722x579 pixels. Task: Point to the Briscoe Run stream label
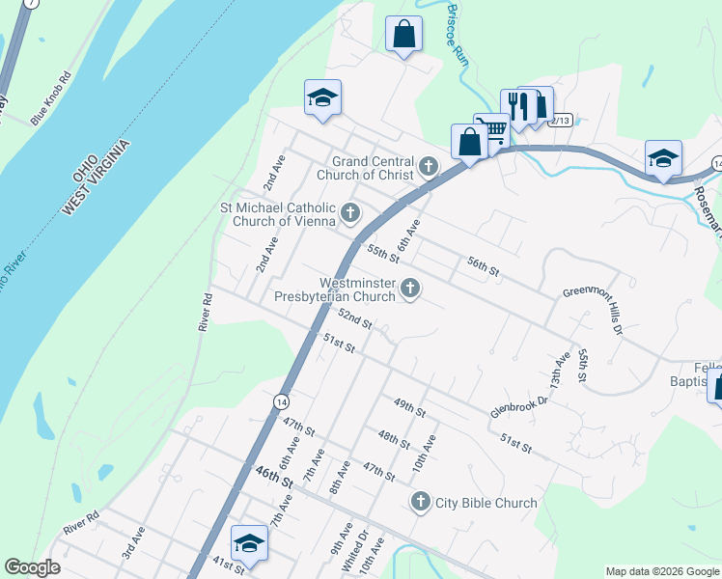458,32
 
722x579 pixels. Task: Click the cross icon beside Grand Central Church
429,168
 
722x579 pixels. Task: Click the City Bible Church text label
486,503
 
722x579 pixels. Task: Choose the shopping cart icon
493,129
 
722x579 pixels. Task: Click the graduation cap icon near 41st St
249,542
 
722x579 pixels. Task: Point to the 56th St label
483,267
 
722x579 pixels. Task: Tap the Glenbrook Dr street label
518,396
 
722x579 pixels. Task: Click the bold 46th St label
274,477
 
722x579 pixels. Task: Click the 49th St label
409,407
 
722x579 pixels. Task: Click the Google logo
32,566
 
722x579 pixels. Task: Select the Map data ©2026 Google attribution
661,571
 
